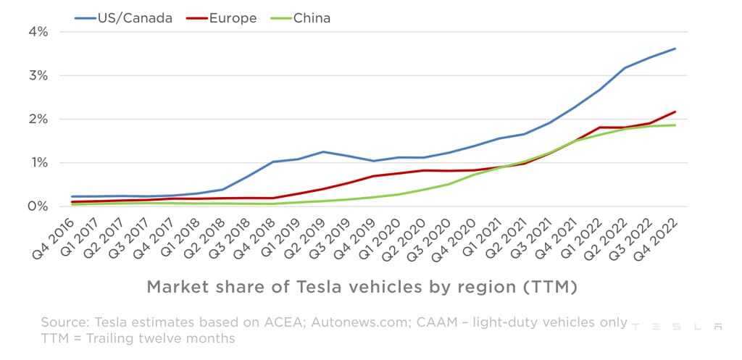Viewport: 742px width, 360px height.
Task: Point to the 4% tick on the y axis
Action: point(38,32)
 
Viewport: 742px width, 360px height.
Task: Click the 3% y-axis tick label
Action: point(38,75)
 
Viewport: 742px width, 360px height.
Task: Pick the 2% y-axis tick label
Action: point(38,119)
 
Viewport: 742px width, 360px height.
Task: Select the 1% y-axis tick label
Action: point(38,163)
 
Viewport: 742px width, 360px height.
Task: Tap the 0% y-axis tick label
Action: point(38,206)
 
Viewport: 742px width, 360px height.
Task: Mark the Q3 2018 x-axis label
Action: point(235,235)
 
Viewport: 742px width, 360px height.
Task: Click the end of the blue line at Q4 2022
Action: point(675,49)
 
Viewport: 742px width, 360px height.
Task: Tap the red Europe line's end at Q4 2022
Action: point(675,112)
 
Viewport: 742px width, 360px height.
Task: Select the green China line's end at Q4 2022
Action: point(675,125)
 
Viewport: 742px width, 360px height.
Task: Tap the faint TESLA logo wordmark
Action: point(677,327)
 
